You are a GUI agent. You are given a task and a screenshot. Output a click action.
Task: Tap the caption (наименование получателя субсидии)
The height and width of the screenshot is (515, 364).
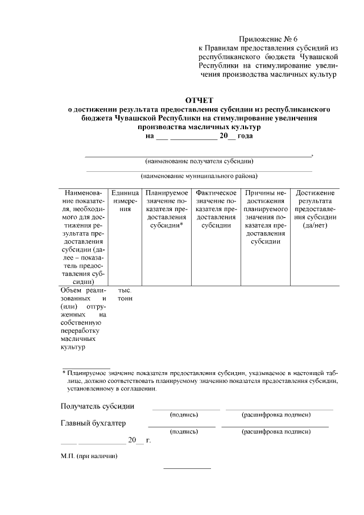(199, 161)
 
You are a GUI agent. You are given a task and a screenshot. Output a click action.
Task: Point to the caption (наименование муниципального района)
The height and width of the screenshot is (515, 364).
(199, 176)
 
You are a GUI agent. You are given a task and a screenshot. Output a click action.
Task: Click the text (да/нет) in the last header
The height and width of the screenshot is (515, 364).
(315, 225)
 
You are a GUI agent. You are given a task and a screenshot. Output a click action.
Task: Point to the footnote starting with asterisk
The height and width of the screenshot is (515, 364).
(199, 381)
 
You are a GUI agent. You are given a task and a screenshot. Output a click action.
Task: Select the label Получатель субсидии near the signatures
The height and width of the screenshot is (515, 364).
(97, 406)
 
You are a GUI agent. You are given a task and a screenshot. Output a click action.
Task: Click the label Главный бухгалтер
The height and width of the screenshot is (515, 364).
(93, 423)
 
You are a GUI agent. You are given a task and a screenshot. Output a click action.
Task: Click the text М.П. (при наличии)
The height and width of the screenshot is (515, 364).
(89, 456)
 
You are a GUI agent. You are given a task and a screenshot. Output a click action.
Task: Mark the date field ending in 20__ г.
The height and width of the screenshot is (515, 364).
(106, 440)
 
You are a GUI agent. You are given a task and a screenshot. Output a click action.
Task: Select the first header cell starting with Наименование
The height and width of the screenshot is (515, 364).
(83, 236)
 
